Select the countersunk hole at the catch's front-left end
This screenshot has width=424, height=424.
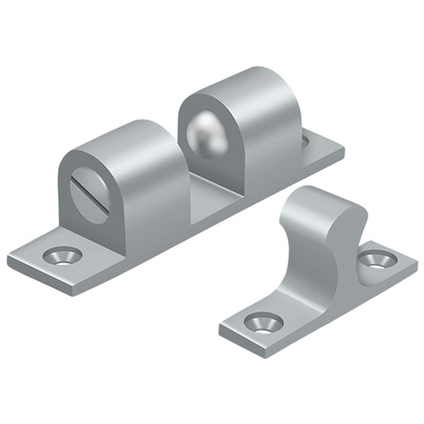pyautogui.click(x=61, y=255)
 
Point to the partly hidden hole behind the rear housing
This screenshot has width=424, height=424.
pyautogui.click(x=306, y=142)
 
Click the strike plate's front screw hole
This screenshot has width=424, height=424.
pyautogui.click(x=263, y=321)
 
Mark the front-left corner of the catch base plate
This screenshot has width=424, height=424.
pyautogui.click(x=10, y=260)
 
